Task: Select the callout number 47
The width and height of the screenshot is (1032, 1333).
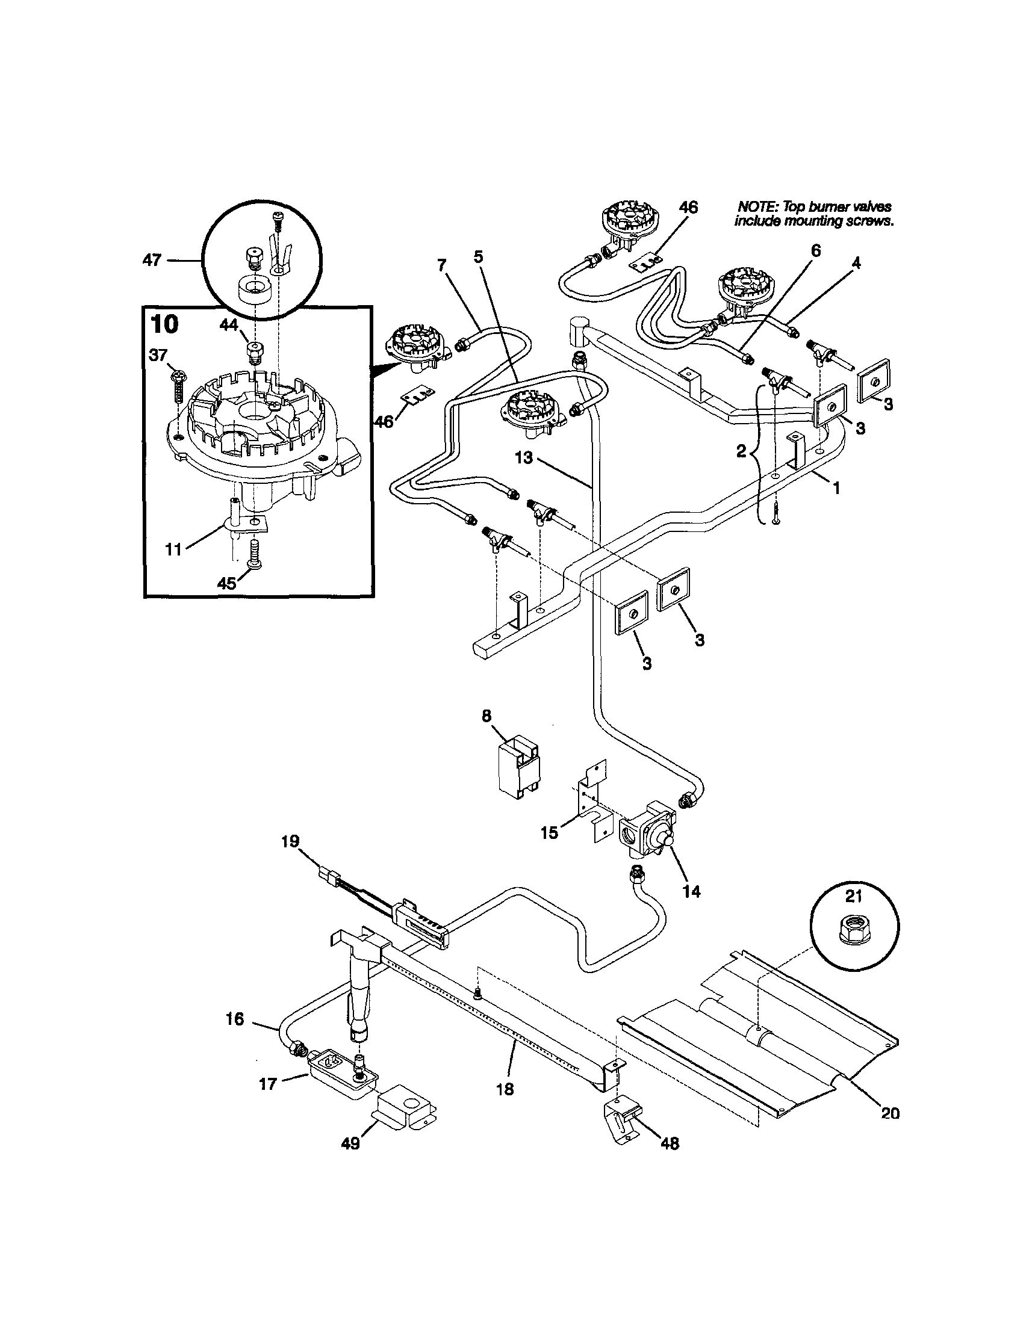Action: coord(151,261)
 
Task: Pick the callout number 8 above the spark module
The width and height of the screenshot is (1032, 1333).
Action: coord(486,716)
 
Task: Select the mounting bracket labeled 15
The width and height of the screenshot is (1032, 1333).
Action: coord(591,803)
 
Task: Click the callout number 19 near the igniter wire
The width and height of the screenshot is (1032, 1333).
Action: coord(291,842)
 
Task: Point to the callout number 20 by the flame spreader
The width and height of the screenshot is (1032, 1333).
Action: coord(891,1113)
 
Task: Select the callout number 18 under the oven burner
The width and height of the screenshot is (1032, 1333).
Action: coord(505,1089)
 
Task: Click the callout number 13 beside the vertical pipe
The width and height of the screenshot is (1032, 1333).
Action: coord(524,458)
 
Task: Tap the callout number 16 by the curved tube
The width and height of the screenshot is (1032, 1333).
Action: coord(234,1019)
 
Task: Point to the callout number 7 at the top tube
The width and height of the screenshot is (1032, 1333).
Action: coord(441,265)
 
